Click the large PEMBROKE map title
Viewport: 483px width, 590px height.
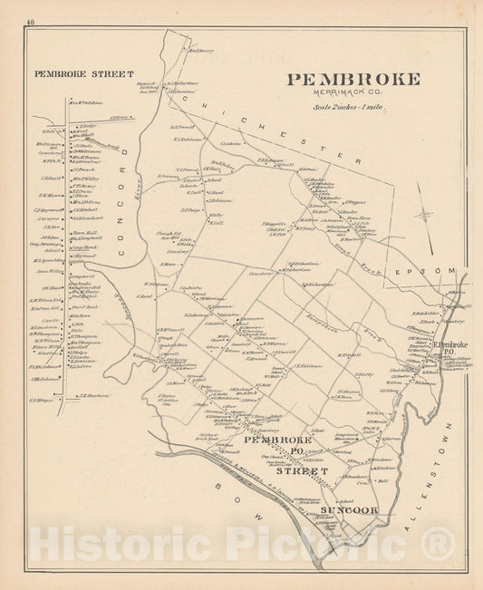353,79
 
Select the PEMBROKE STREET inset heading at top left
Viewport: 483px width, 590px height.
83,73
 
